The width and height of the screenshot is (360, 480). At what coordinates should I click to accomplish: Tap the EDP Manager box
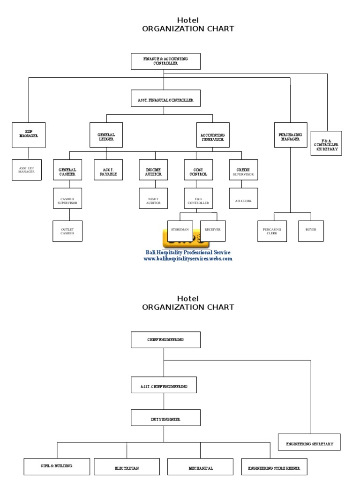29,135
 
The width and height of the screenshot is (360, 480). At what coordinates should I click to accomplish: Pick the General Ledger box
106,135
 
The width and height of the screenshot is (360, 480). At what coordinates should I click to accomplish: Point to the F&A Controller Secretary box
326,143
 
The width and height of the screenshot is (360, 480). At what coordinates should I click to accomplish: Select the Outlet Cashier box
67,231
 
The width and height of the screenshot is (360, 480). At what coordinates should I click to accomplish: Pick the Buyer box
310,230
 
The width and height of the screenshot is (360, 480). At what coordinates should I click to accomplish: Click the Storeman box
180,230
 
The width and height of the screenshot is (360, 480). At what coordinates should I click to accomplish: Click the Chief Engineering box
165,340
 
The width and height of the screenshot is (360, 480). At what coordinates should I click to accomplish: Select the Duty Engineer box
165,418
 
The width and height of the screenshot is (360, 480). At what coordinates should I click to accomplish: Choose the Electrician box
126,467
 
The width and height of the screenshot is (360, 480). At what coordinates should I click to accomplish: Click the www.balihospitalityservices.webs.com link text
187,259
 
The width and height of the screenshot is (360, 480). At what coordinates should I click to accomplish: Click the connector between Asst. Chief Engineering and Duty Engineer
164,401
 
